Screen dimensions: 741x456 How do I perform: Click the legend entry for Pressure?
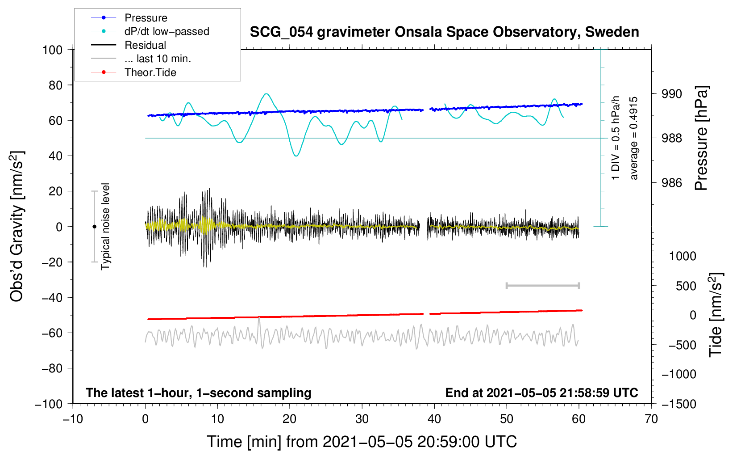129,17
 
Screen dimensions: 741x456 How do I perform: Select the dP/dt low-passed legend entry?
150,31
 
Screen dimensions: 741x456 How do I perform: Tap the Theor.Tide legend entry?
133,72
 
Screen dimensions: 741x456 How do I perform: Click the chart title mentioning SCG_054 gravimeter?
444,32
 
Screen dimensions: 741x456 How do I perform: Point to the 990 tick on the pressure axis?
671,94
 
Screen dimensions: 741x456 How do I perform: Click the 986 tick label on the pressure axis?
671,182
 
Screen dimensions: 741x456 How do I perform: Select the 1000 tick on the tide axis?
683,256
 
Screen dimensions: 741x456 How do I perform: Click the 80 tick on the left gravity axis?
55,85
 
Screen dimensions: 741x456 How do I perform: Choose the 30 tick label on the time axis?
362,419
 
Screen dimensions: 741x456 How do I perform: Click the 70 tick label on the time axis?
651,419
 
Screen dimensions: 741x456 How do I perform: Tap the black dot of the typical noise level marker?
94,227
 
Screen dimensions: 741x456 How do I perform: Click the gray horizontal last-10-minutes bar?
542,285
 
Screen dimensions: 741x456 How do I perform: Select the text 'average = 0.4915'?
633,138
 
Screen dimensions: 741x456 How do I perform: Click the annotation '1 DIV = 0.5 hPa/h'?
615,138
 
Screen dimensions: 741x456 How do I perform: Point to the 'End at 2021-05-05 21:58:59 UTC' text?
541,393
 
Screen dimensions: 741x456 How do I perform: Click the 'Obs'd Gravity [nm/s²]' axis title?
17,226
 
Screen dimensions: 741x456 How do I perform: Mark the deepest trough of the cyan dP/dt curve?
296,156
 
